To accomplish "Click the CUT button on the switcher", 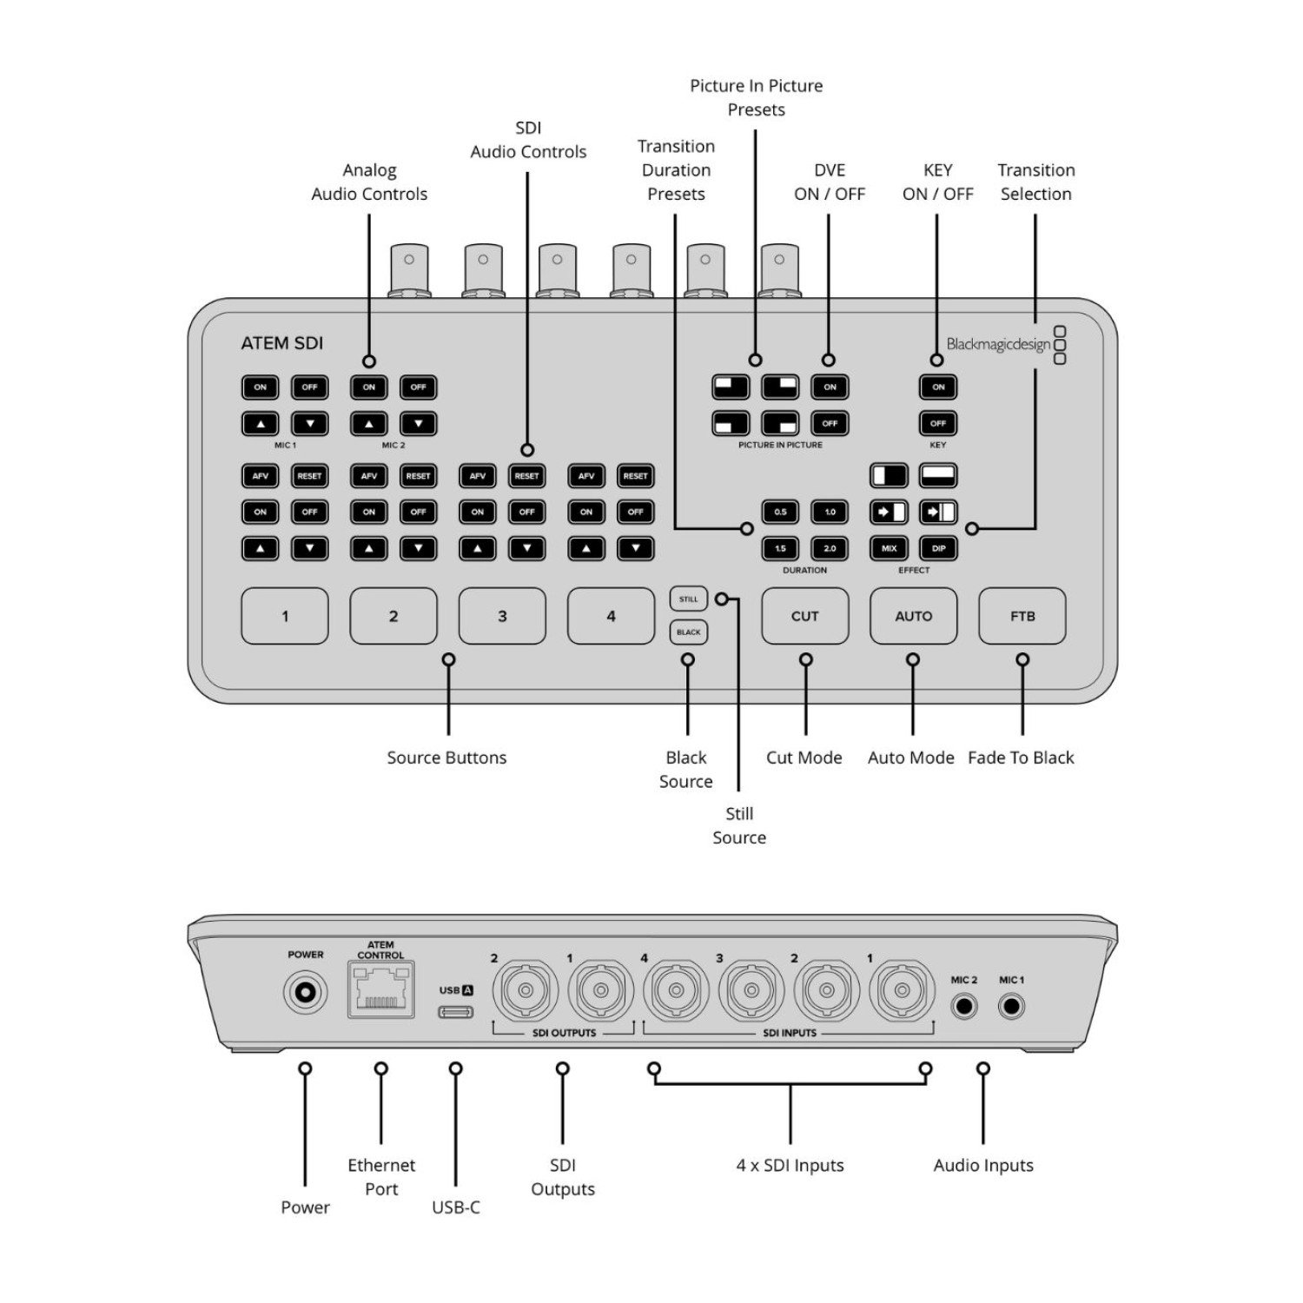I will [x=804, y=616].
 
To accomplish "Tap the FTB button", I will [x=1022, y=616].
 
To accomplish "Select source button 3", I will [x=502, y=616].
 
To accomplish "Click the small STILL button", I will [x=688, y=599].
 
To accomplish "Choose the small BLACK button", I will [x=688, y=632].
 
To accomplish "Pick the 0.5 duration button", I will [x=780, y=512].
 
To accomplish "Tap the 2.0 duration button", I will [x=830, y=548].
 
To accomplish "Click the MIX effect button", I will [x=889, y=548].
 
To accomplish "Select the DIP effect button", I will [x=938, y=548].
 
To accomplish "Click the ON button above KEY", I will [x=938, y=387].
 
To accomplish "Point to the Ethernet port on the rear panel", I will [x=380, y=989].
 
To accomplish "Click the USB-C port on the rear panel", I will [x=455, y=1012].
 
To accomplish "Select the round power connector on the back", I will [x=306, y=992].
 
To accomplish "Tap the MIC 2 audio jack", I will [x=963, y=1007].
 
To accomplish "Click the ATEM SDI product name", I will [x=281, y=343].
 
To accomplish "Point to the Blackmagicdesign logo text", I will [x=998, y=344].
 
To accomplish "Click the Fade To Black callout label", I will [x=1021, y=757].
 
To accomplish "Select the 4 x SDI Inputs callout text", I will [x=790, y=1165].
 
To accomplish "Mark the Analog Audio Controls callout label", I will [x=369, y=182].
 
